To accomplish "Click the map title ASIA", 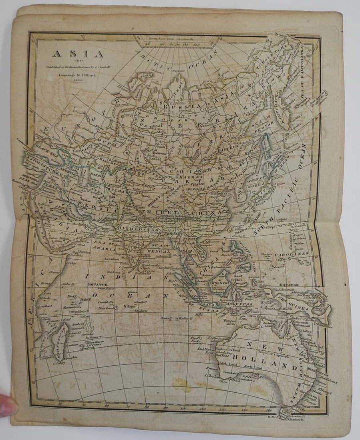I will click(77, 54).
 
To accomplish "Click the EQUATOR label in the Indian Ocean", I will click(98, 284).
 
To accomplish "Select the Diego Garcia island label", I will click(105, 308).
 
